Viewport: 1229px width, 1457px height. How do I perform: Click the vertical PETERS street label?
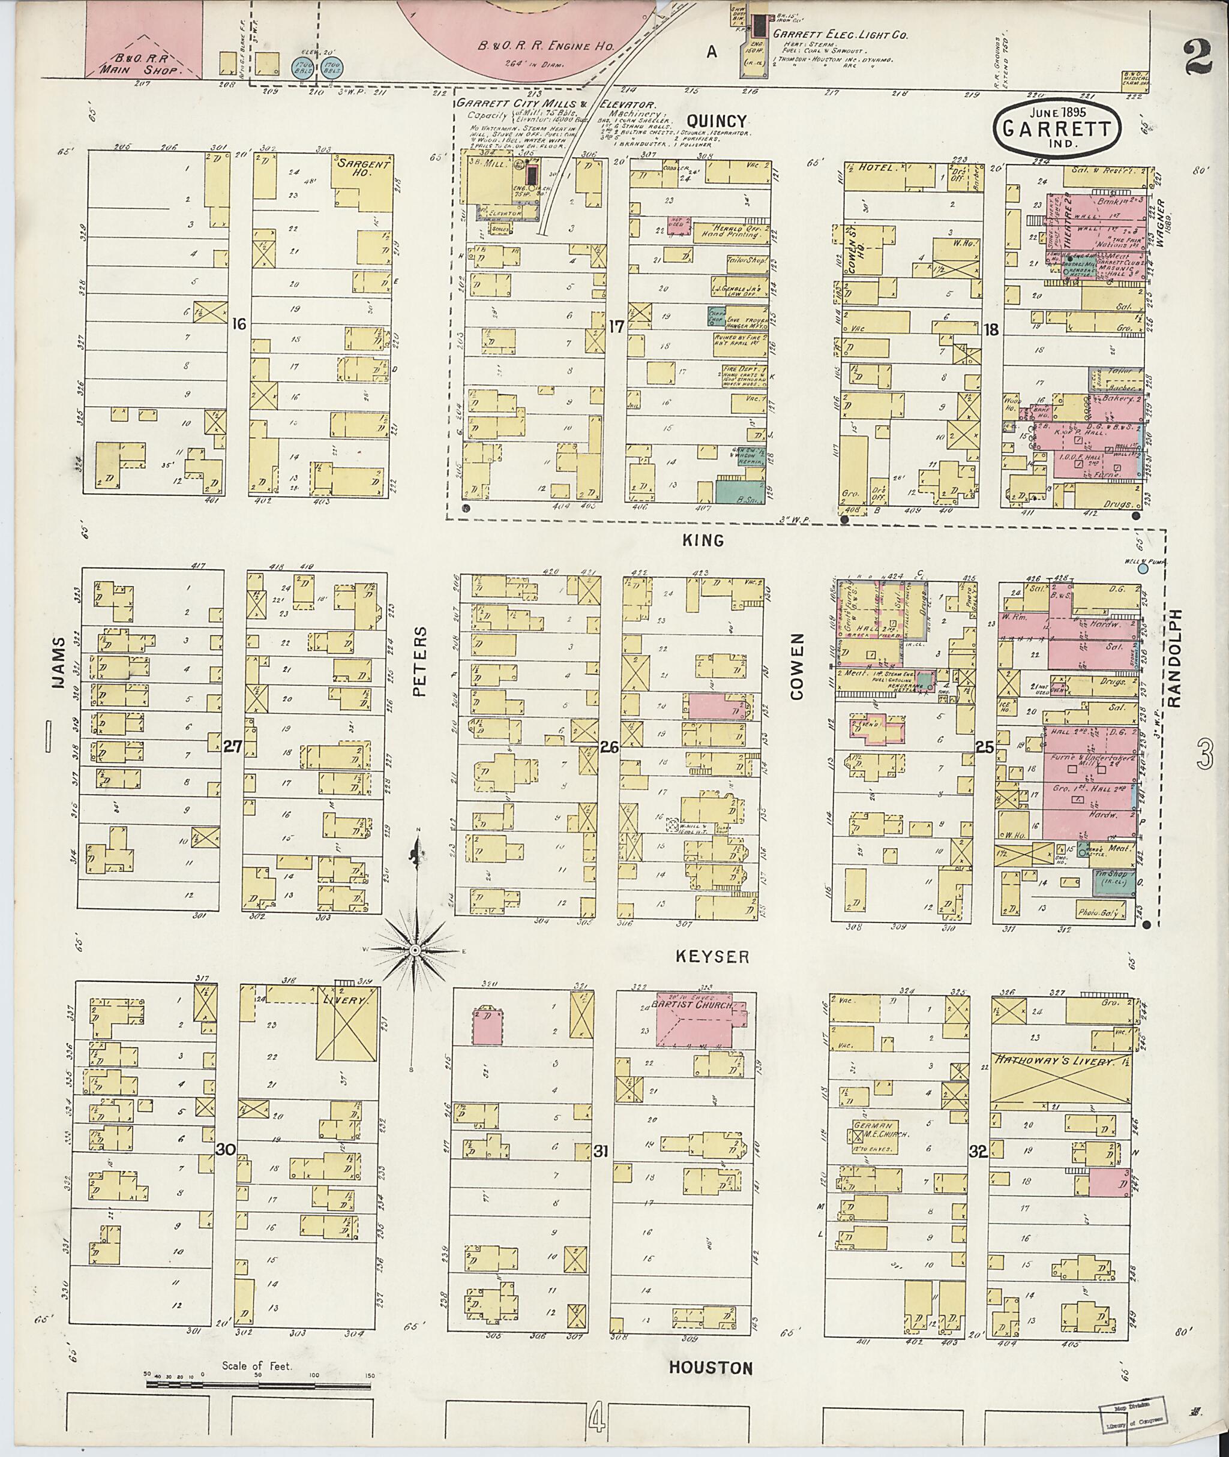(x=418, y=662)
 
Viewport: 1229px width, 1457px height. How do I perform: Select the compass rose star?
(x=415, y=950)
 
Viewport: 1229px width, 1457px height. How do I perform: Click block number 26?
(x=609, y=747)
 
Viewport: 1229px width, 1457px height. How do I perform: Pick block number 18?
(x=991, y=329)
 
